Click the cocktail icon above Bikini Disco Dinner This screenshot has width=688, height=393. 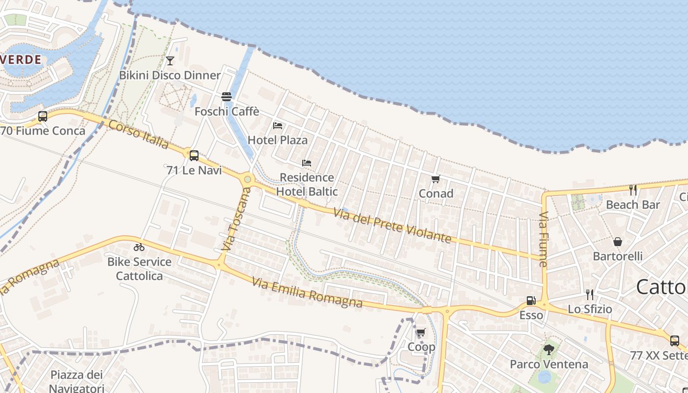[170, 61]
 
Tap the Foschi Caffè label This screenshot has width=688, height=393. [227, 112]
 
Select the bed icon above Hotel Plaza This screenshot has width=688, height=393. [278, 126]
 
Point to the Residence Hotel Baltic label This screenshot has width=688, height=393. [307, 184]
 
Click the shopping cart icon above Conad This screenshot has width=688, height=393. [435, 179]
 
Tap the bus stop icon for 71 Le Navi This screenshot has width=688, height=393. [194, 156]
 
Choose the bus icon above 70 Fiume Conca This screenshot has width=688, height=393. [43, 116]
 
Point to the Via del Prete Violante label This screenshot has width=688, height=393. [392, 226]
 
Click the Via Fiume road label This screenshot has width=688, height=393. [543, 239]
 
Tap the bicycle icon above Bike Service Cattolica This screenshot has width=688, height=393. [139, 247]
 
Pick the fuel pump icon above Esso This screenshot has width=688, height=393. [531, 300]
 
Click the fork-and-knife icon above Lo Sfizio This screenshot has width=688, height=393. [590, 295]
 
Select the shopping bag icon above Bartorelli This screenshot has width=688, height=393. [618, 242]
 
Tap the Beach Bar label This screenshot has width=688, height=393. [633, 204]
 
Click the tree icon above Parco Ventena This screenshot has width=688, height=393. [549, 350]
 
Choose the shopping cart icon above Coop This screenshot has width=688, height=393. [421, 333]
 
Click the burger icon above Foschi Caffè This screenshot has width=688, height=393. [227, 96]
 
